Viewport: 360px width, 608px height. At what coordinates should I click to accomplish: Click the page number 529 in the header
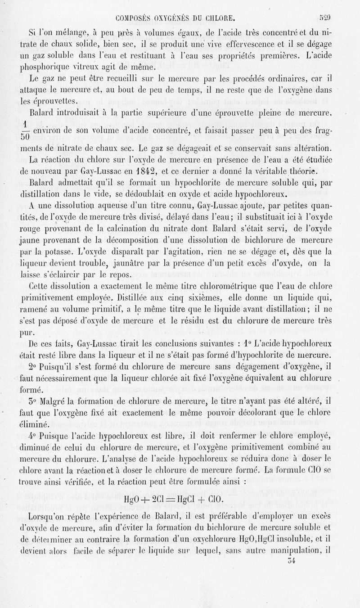[325, 19]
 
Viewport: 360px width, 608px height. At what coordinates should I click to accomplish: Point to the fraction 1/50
[26, 130]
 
